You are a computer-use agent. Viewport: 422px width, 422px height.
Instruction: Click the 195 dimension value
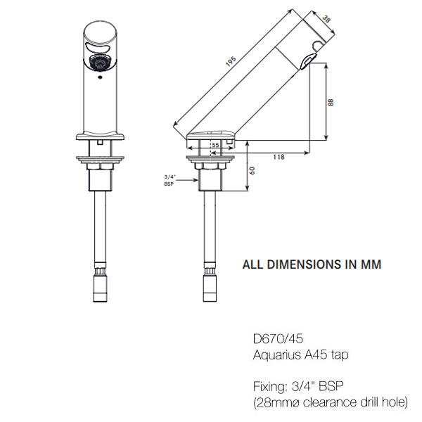point(231,61)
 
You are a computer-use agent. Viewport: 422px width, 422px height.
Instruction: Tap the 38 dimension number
point(326,20)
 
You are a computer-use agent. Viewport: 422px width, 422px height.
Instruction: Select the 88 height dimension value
point(331,103)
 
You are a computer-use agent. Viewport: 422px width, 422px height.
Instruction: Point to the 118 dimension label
point(279,157)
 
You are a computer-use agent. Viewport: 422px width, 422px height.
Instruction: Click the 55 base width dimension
point(215,145)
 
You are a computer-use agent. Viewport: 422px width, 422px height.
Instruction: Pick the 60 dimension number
point(252,170)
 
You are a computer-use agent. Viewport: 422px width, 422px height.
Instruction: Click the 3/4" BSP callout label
point(170,180)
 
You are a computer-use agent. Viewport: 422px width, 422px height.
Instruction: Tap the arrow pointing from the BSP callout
point(188,180)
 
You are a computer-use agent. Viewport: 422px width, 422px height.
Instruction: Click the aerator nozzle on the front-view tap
point(100,63)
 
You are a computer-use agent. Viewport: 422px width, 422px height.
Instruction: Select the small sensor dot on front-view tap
point(100,78)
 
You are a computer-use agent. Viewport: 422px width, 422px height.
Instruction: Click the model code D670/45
point(278,338)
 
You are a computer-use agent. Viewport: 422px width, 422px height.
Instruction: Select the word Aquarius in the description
point(277,355)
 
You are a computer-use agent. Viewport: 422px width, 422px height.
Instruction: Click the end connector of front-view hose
point(101,288)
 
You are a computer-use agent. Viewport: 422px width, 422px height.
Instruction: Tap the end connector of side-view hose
point(210,288)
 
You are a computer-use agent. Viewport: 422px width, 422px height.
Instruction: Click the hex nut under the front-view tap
point(100,167)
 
